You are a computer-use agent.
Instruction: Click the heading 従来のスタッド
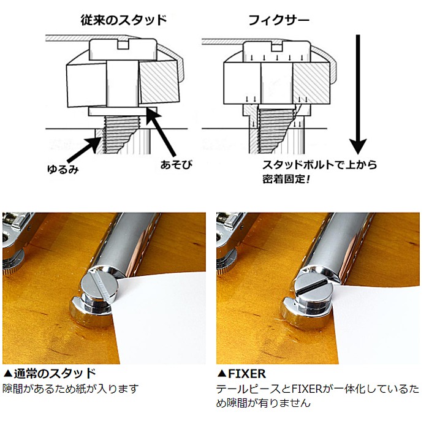pyautogui.click(x=123, y=20)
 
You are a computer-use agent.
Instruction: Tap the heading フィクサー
pyautogui.click(x=279, y=20)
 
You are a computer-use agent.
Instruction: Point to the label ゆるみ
pyautogui.click(x=63, y=169)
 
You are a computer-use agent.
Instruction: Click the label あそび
pyautogui.click(x=177, y=165)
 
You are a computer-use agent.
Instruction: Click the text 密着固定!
pyautogui.click(x=286, y=179)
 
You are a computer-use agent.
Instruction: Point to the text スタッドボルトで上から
pyautogui.click(x=319, y=165)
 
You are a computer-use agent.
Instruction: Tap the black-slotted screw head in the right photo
pyautogui.click(x=313, y=289)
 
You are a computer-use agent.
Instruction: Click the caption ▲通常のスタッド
pyautogui.click(x=49, y=373)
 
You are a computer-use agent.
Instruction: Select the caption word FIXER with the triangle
pyautogui.click(x=241, y=373)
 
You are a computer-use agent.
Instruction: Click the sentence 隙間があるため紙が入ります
pyautogui.click(x=70, y=389)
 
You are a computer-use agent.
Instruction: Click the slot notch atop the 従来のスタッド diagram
pyautogui.click(x=123, y=45)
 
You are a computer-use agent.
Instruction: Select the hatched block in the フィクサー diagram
pyautogui.click(x=311, y=83)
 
